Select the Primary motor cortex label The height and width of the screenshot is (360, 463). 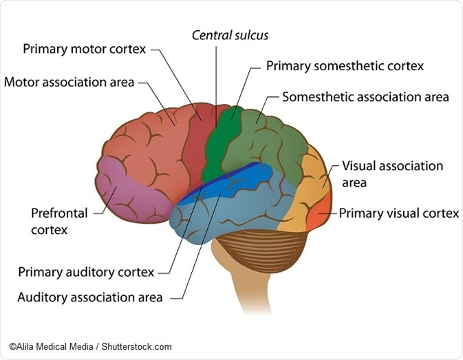coord(85,50)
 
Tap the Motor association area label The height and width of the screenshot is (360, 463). coord(69,83)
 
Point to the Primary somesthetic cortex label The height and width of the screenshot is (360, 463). coord(345,67)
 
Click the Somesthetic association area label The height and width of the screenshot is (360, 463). coord(365,97)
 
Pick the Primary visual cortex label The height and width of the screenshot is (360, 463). coord(398,213)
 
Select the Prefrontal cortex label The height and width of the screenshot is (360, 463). coord(59,221)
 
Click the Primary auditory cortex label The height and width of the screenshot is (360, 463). coord(86,272)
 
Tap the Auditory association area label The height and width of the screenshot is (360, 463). coord(90,298)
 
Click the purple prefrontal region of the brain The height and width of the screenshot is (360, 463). coord(131,193)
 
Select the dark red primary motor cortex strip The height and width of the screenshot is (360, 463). coord(197,138)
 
